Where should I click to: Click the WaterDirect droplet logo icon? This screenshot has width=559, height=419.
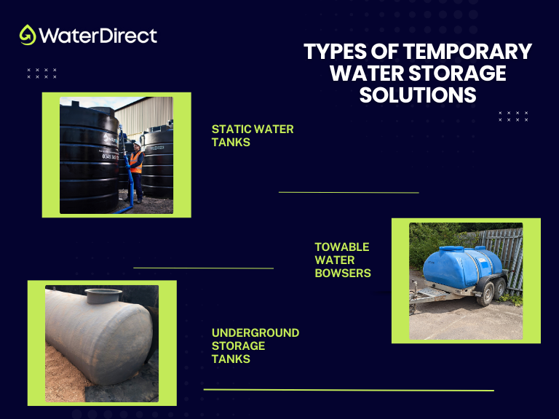pyautogui.click(x=28, y=35)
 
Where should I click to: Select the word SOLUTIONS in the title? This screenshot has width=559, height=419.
pyautogui.click(x=418, y=95)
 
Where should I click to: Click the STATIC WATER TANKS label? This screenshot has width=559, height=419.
pyautogui.click(x=252, y=135)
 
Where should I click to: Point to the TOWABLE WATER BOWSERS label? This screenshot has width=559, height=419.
pyautogui.click(x=342, y=260)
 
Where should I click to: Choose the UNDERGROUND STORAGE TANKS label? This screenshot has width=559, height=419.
pyautogui.click(x=255, y=346)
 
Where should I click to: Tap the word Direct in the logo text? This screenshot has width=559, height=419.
pyautogui.click(x=128, y=35)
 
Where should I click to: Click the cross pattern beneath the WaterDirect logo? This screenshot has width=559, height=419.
pyautogui.click(x=41, y=73)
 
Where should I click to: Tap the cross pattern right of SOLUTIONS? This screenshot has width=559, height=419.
pyautogui.click(x=513, y=116)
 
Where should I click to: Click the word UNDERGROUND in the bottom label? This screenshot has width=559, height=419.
pyautogui.click(x=255, y=332)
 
